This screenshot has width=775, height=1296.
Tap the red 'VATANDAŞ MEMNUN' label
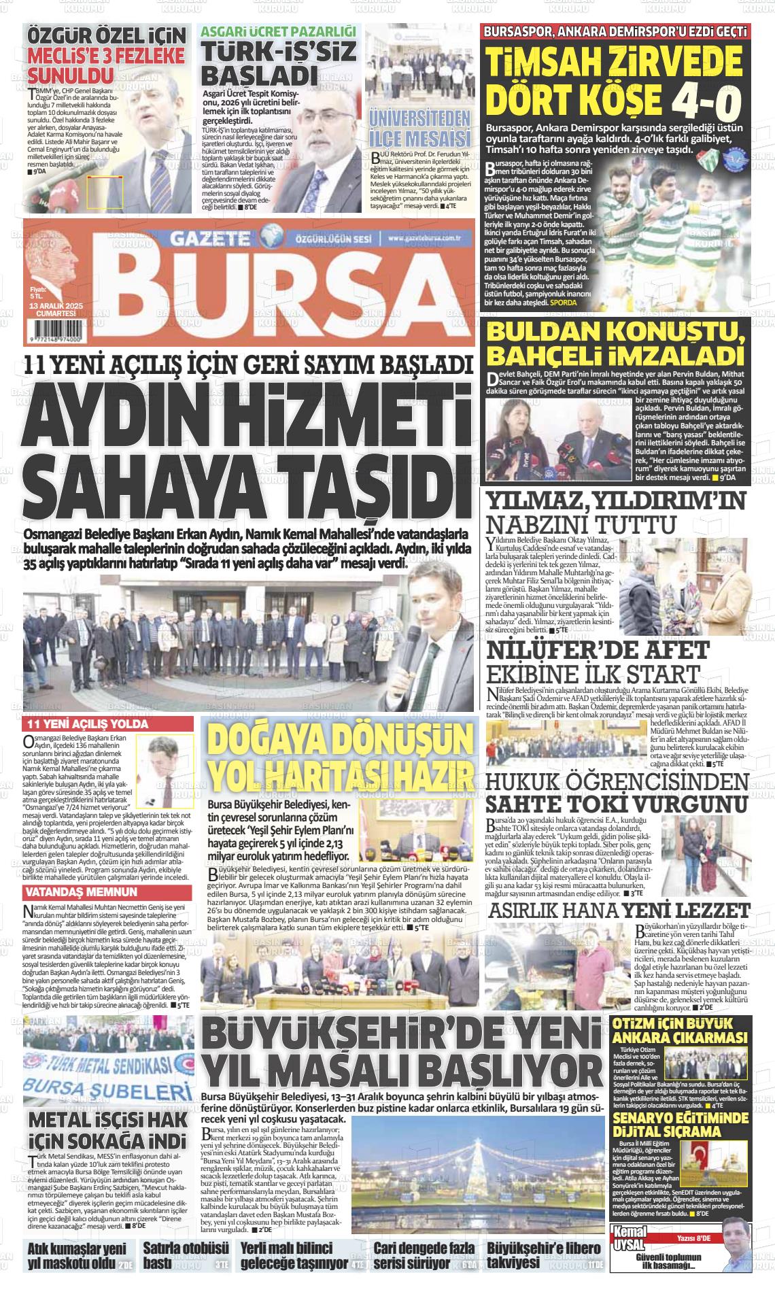[x=81, y=891]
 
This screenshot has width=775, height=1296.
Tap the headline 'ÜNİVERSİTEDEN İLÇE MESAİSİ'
[x=419, y=127]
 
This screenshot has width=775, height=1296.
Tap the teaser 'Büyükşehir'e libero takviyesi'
[x=544, y=1255]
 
